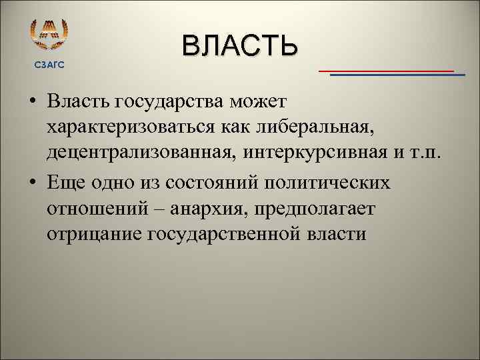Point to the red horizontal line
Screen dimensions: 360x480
386,70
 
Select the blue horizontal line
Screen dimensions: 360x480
397,75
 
